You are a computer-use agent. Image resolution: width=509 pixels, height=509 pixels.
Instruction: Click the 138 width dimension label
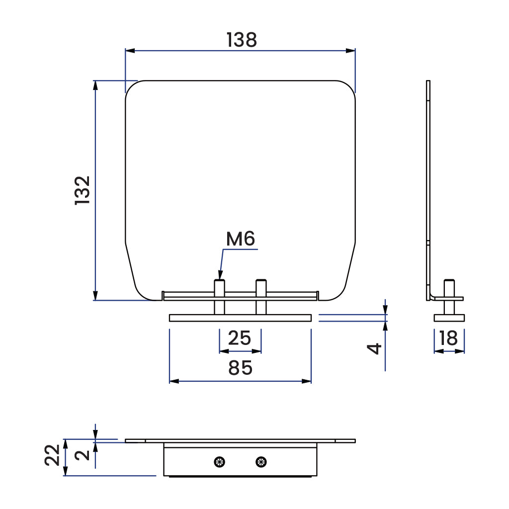point(242,40)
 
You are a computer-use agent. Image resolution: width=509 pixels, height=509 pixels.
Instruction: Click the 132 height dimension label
point(83,190)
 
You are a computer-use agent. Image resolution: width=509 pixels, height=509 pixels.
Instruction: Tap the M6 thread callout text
point(241,239)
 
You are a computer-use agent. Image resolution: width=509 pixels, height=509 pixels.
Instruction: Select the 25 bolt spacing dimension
point(240,338)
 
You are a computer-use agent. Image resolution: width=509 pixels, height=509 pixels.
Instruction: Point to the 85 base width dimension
point(241,368)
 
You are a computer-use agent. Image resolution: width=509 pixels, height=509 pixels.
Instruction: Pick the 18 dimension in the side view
point(449,339)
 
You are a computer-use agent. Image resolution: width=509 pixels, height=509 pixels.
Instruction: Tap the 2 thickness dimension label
point(85,454)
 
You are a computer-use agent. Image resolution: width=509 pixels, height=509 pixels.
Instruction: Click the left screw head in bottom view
point(219,462)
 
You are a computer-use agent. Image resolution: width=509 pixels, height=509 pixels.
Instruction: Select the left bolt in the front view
point(219,296)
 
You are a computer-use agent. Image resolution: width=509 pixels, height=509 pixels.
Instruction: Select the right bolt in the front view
point(261,296)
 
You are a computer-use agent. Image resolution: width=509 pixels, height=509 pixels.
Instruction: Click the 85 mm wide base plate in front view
point(240,318)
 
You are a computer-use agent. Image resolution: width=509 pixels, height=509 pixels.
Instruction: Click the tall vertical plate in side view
point(428,189)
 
